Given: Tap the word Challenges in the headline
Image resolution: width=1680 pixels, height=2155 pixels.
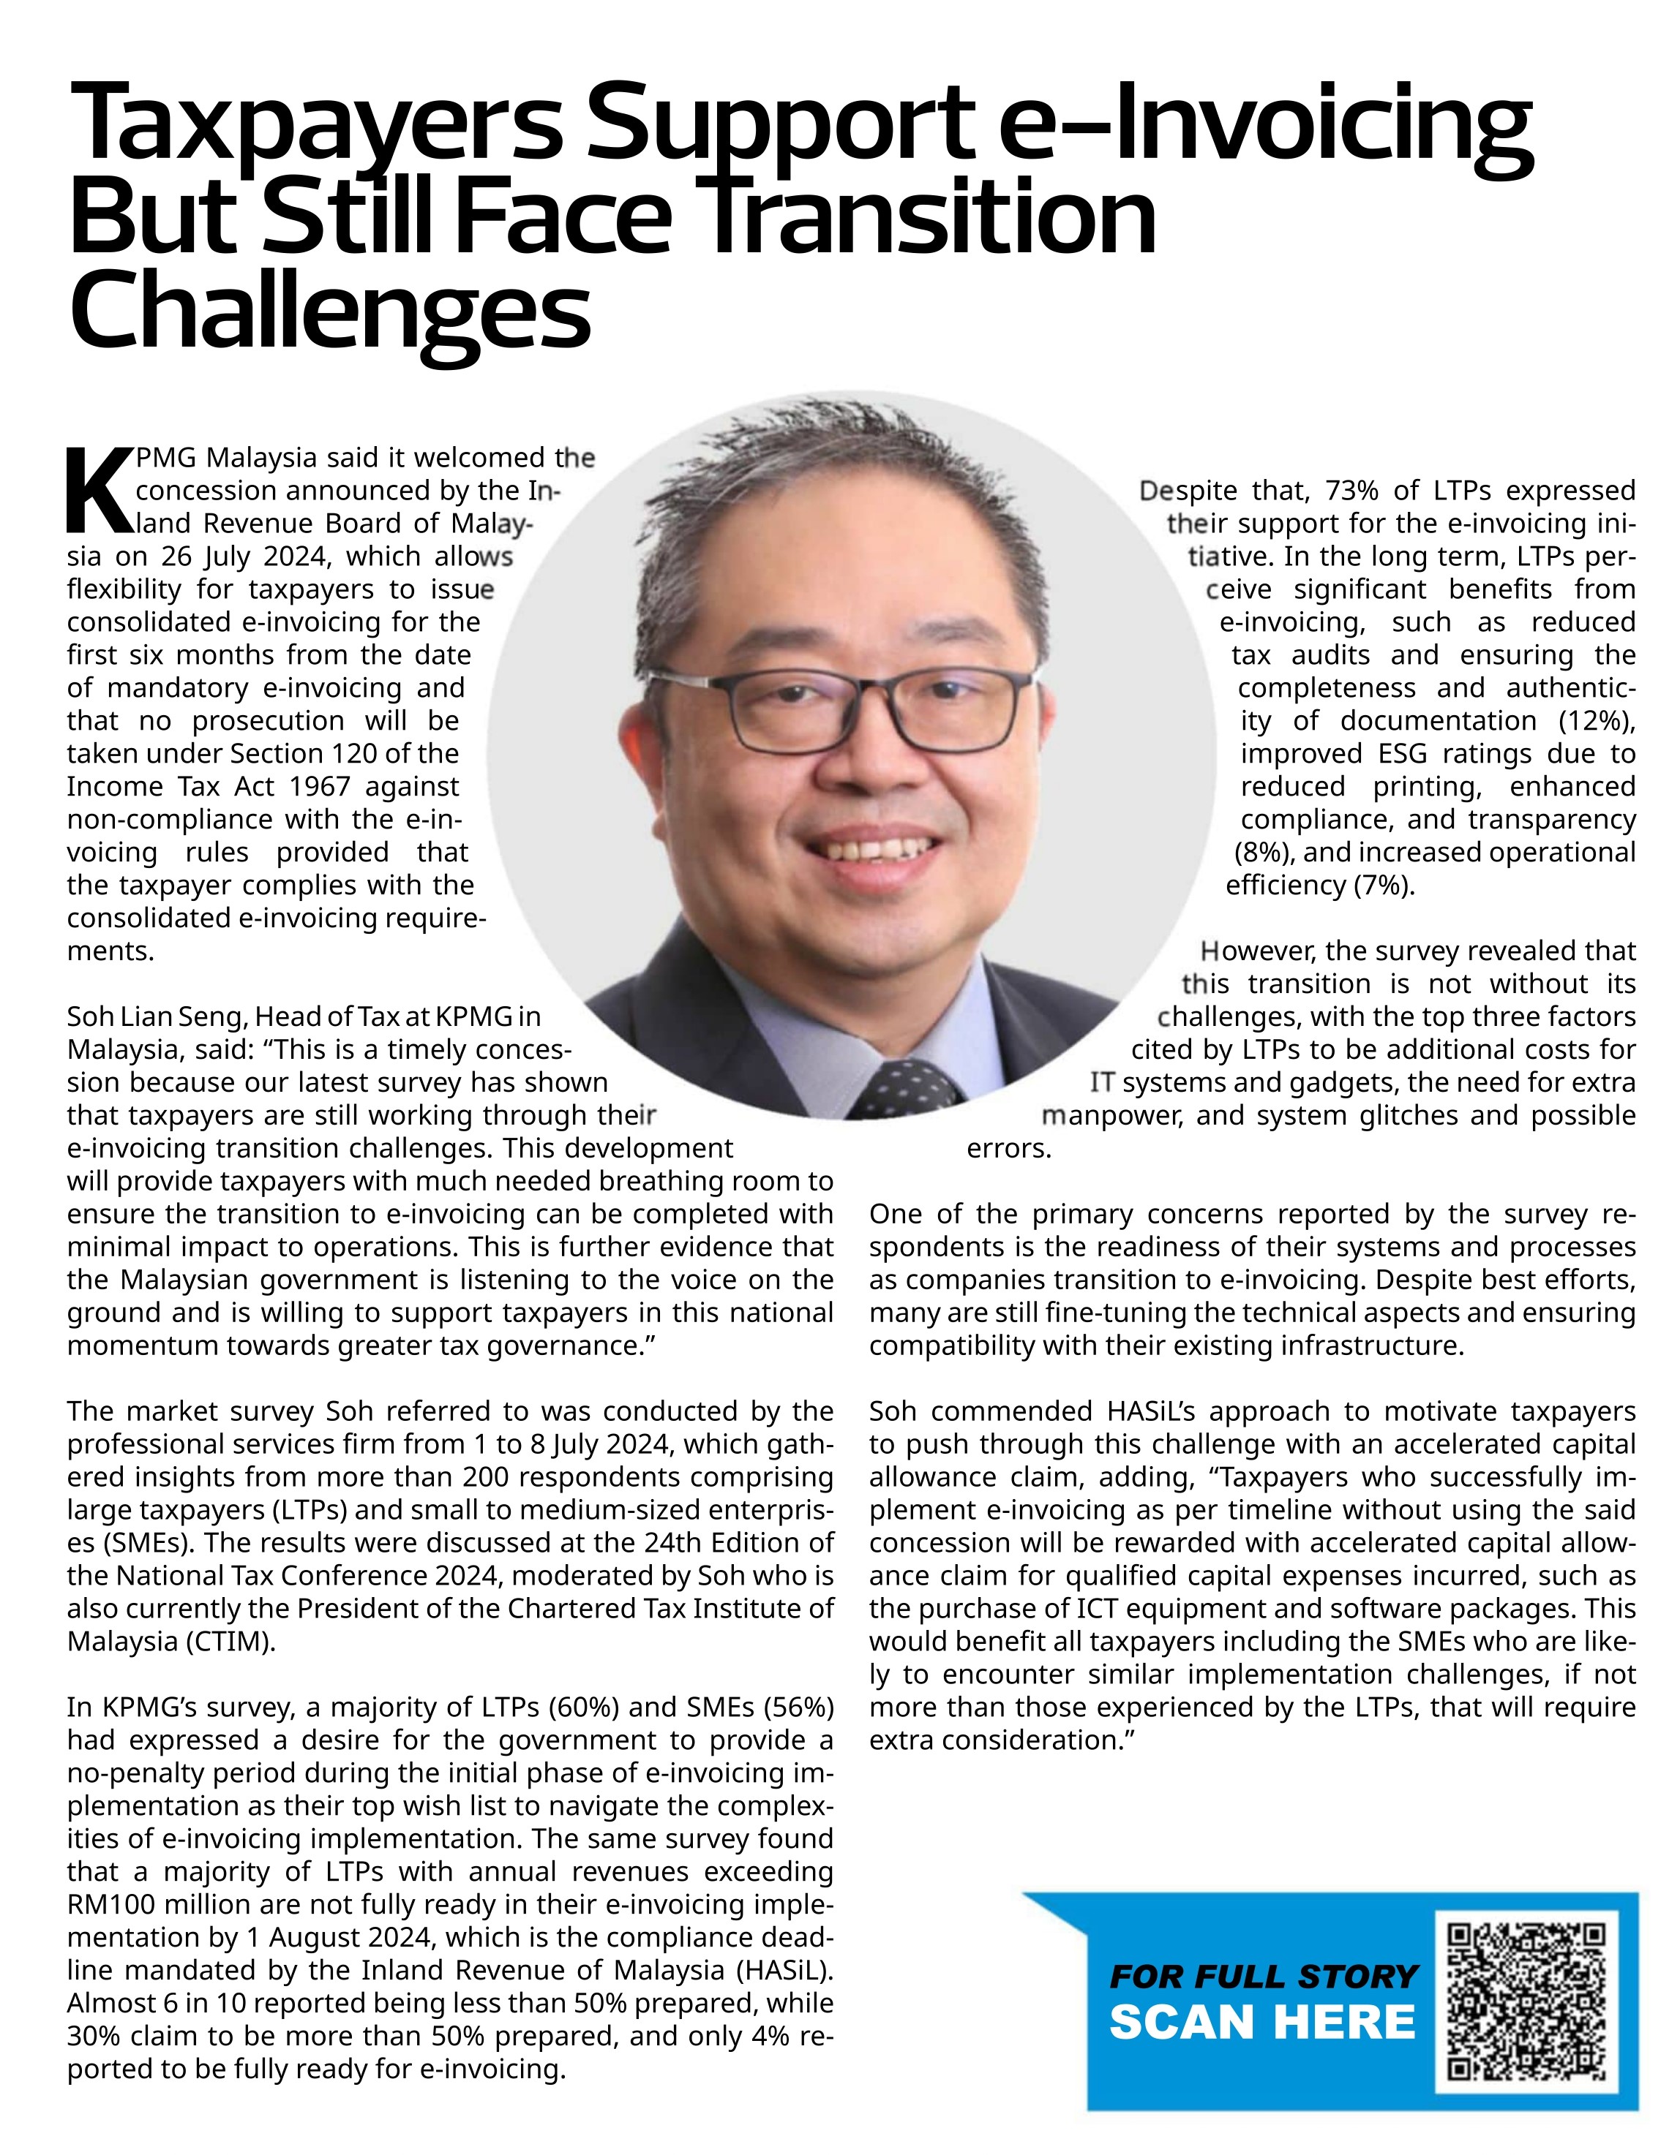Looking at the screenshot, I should point(330,309).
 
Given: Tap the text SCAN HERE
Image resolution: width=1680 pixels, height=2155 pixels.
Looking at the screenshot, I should point(1262,2022).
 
